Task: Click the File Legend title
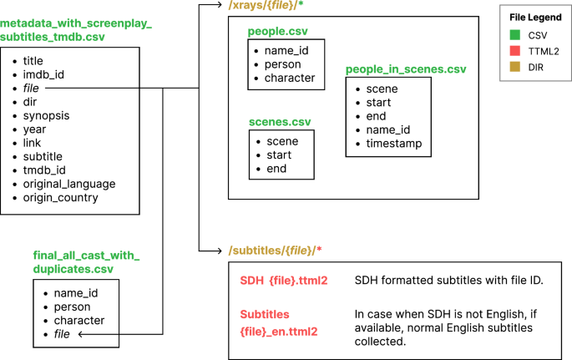(x=536, y=18)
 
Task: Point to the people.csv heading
(x=276, y=31)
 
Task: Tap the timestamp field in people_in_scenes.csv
(x=393, y=143)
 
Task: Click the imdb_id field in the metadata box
(x=43, y=74)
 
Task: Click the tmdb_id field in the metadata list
(x=45, y=170)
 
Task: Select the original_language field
(x=69, y=184)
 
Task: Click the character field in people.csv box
(x=290, y=78)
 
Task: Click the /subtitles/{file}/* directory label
(x=276, y=250)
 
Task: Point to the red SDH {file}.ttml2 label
(x=283, y=280)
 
